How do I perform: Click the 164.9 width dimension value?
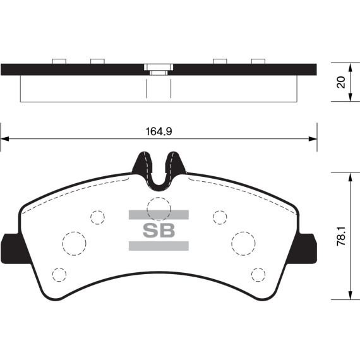tap(159, 131)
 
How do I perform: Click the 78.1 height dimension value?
tap(341, 236)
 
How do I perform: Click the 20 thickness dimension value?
tap(341, 82)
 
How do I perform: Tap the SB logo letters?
tap(159, 230)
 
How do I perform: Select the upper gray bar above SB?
tap(159, 215)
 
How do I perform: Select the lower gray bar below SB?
tap(159, 246)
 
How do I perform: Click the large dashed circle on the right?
tap(231, 243)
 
